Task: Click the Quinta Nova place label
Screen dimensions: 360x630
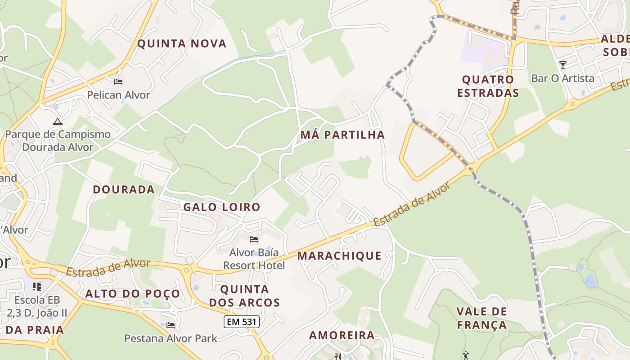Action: coord(181,44)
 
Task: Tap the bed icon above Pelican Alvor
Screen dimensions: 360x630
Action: coord(118,82)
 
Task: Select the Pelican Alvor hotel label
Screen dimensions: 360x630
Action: coord(118,95)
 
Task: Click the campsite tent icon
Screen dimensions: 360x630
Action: coord(57,121)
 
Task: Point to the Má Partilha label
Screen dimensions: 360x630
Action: coord(342,135)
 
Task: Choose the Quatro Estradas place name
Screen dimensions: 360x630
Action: coord(488,86)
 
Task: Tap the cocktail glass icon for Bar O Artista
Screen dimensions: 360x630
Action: coord(562,65)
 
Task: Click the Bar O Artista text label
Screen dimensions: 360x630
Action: coord(562,78)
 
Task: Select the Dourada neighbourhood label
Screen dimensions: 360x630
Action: coord(124,189)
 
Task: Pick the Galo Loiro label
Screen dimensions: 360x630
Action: coord(221,207)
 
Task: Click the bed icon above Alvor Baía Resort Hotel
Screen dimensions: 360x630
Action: coord(254,239)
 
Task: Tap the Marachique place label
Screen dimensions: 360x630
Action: coord(339,256)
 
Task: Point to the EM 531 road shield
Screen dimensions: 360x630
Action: coord(242,322)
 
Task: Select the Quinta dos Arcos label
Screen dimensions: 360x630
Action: coord(245,296)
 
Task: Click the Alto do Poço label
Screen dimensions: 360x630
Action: coord(133,294)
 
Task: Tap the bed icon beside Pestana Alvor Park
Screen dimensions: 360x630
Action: coord(171,325)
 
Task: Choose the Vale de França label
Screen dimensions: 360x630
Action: coord(481,318)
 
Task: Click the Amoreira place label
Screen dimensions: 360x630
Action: coord(342,335)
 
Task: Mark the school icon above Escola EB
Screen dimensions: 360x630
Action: coord(37,286)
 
